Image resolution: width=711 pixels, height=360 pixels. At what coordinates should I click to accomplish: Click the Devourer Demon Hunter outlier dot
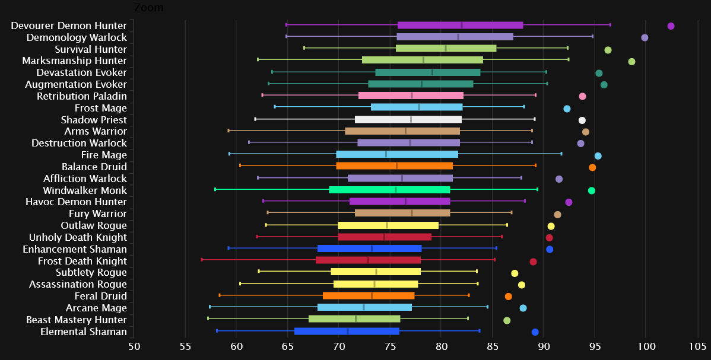point(671,26)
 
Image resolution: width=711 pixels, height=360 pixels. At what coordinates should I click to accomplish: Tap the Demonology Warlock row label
point(77,37)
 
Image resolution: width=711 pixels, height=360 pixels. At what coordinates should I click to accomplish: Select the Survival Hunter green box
point(446,49)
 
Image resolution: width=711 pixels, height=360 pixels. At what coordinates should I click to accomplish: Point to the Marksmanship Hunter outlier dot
point(631,62)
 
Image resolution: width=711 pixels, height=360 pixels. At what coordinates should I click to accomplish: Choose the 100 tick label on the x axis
point(646,345)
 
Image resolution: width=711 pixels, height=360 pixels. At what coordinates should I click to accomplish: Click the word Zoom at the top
point(149,8)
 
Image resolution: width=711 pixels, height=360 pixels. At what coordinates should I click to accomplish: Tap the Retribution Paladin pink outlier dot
point(582,96)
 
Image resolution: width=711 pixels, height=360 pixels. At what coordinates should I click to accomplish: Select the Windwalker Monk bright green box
point(389,190)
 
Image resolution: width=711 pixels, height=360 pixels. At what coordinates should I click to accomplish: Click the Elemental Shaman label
point(84,332)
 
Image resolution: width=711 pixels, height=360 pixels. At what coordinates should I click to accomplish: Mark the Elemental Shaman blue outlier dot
point(535,332)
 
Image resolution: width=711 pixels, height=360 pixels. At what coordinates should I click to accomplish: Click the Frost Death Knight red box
point(368,260)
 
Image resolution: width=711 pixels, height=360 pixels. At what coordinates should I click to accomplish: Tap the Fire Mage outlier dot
point(598,156)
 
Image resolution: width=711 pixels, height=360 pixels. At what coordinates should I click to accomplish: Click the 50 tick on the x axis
point(134,345)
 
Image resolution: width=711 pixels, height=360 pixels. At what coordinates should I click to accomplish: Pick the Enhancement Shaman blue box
point(369,249)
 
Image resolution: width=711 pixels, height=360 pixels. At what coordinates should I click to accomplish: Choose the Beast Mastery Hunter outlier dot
point(507,320)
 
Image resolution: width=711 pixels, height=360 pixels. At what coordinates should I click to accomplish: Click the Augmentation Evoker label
point(76,84)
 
